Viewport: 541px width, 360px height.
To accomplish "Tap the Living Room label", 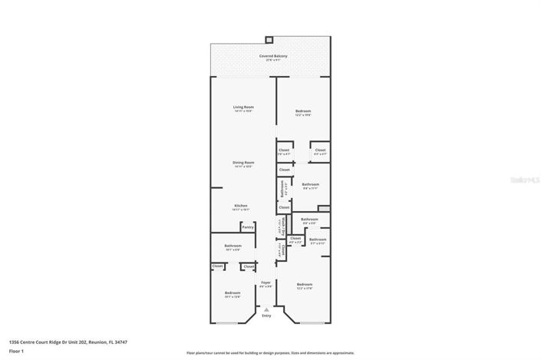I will (243, 107).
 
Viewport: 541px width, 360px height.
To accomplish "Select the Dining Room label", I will (243, 163).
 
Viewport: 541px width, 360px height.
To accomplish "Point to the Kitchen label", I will (241, 206).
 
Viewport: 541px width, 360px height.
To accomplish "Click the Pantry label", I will (247, 227).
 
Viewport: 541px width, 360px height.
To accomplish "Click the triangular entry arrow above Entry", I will (266, 309).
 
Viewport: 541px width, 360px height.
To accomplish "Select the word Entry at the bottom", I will (266, 316).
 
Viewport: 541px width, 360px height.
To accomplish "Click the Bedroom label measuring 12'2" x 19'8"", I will (303, 112).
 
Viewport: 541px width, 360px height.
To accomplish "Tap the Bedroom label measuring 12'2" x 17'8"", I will (304, 285).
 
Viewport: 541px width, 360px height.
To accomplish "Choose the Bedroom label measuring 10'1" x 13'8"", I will (232, 293).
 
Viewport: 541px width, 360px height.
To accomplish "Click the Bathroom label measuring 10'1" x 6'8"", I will (233, 246).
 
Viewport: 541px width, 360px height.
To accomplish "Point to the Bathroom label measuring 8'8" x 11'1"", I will (310, 185).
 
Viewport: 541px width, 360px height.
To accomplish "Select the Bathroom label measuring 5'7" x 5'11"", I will (317, 240).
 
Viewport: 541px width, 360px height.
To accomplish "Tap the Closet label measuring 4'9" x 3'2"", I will (295, 239).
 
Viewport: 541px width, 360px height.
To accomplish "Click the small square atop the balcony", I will (269, 39).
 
